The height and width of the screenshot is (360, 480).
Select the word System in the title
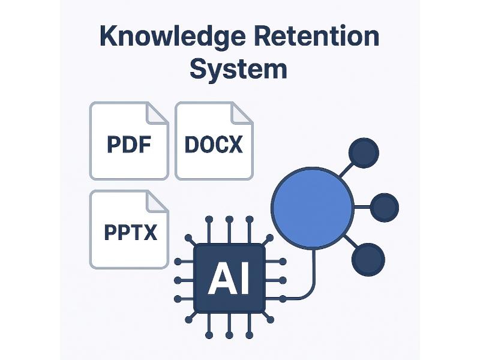(x=238, y=69)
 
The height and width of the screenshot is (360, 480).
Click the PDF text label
(x=128, y=145)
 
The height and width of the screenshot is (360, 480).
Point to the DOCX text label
(x=214, y=145)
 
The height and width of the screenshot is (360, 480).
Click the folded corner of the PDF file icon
(x=158, y=113)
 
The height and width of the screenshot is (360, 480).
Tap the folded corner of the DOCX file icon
(x=242, y=113)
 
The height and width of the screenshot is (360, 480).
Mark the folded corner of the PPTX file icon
(x=157, y=201)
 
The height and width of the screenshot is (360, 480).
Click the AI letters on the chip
(x=229, y=279)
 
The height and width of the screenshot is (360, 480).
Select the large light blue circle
(x=313, y=207)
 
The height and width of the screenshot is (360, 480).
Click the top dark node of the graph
(x=364, y=153)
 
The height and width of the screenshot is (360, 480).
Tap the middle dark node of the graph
(x=385, y=208)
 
